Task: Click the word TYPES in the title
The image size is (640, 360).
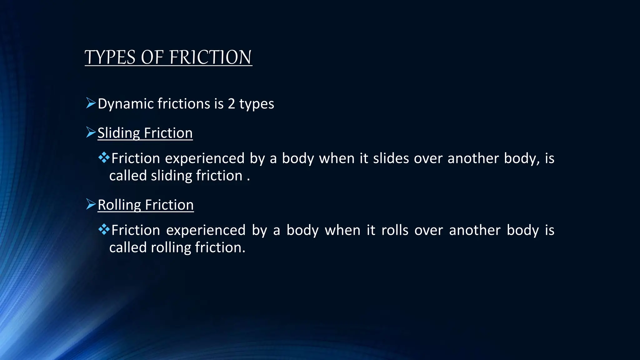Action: [x=110, y=57]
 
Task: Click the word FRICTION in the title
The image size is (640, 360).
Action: [x=210, y=57]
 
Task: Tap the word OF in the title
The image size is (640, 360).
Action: [x=152, y=57]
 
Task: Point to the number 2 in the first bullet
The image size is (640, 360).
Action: [x=231, y=104]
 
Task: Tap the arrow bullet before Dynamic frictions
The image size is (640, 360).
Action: [x=91, y=103]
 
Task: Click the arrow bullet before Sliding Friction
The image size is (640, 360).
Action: [x=91, y=132]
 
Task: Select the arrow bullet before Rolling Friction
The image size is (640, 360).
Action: [x=91, y=204]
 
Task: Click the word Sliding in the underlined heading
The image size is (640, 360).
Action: [x=118, y=133]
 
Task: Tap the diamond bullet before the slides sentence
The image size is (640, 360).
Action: [x=104, y=157]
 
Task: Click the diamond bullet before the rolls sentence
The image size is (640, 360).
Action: [x=104, y=230]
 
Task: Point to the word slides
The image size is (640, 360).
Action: [x=391, y=158]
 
